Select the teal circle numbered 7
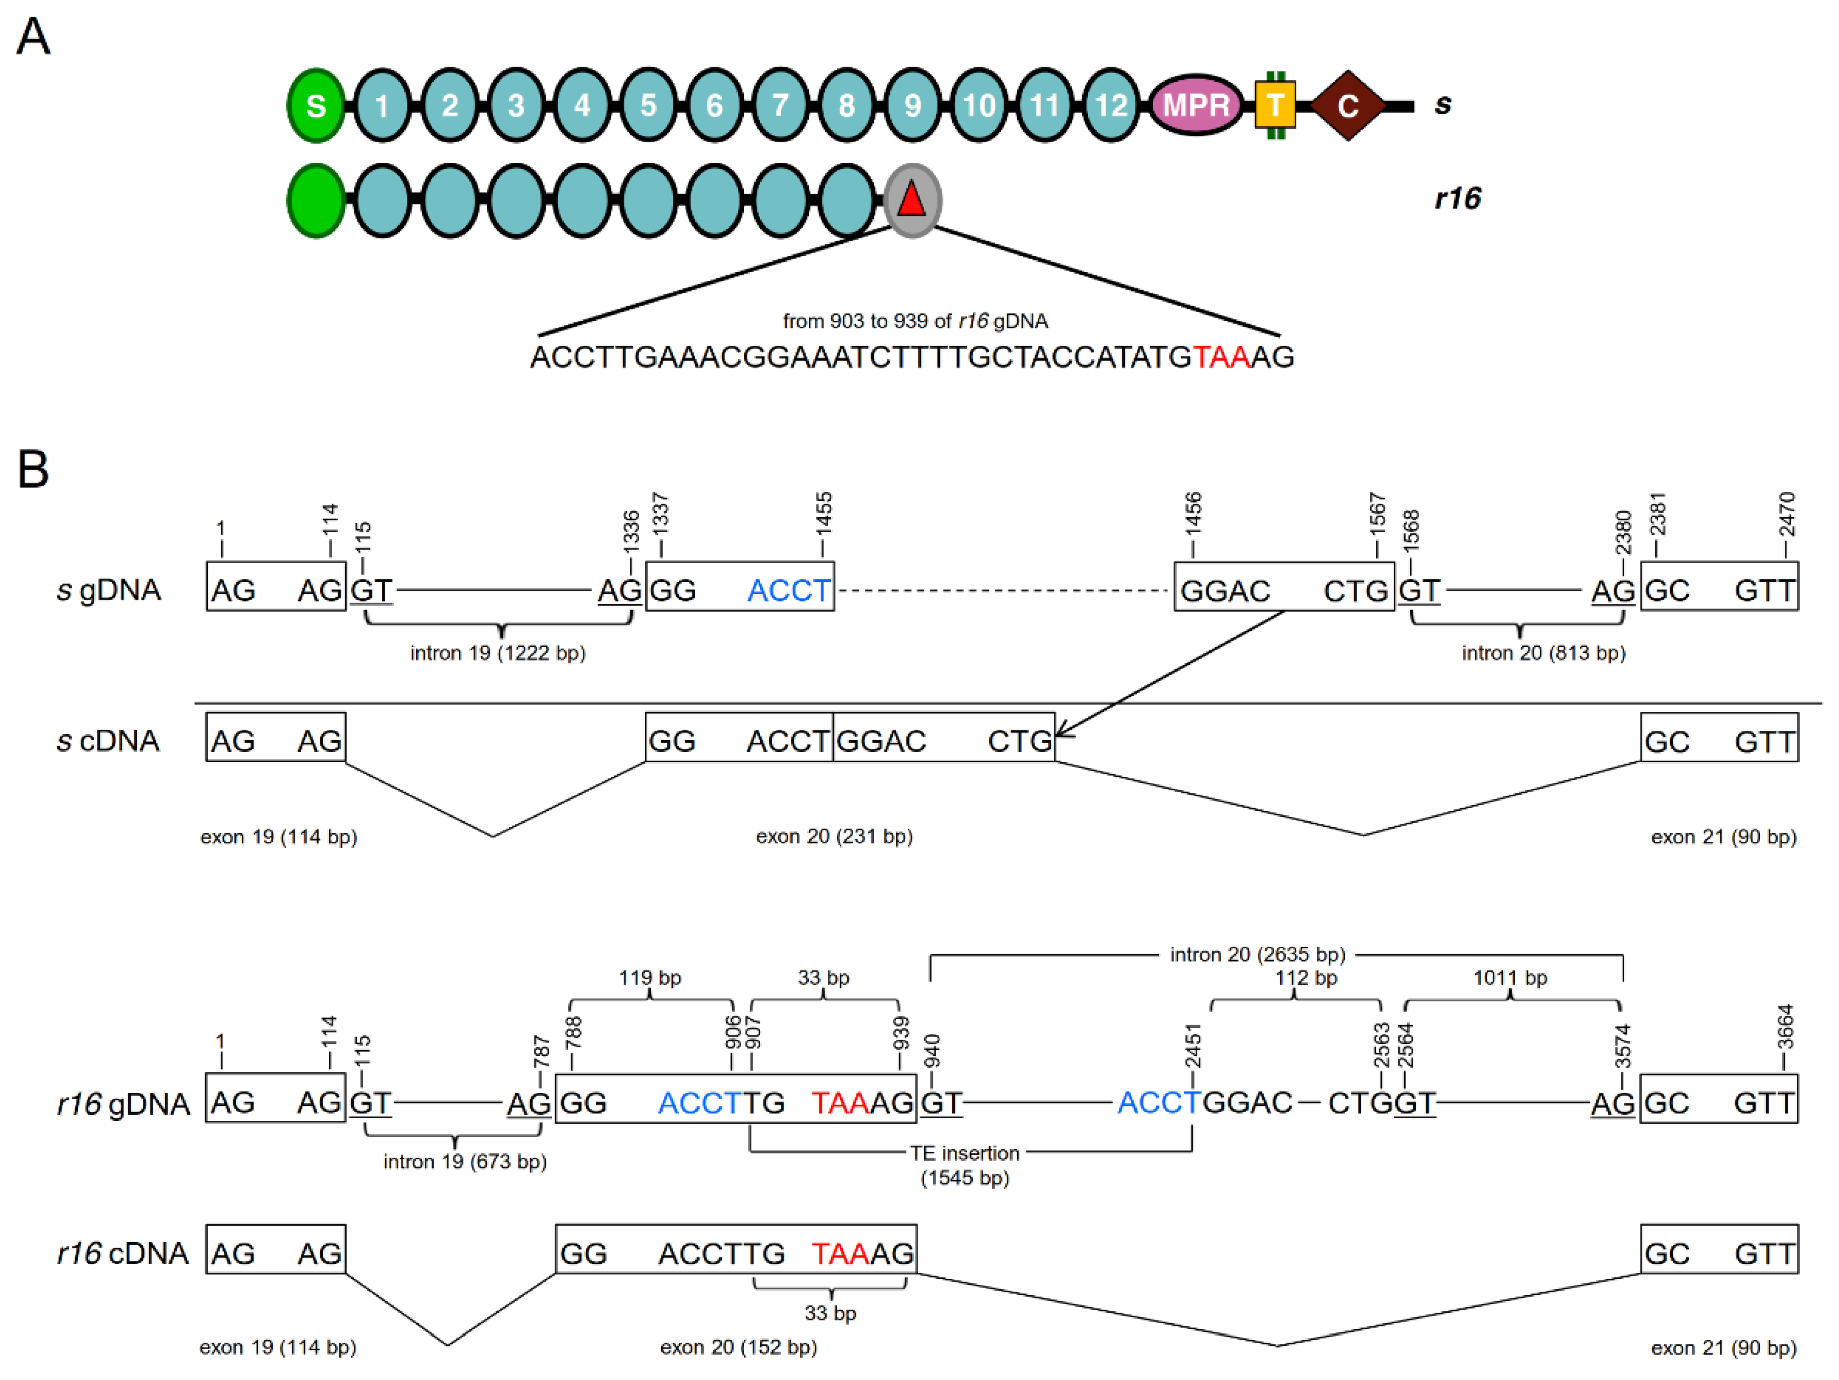(779, 105)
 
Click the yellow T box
(1275, 105)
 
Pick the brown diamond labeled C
(1348, 105)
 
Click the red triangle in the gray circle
(911, 200)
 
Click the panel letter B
(32, 469)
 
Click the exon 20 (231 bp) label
(834, 836)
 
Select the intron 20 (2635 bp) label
(1257, 954)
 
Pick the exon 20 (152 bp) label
(739, 1348)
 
